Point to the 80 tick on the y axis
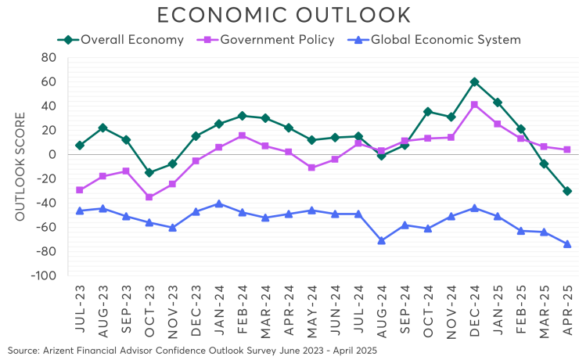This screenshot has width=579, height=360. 48,58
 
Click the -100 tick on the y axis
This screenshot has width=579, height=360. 43,276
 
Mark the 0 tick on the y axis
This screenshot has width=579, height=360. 52,155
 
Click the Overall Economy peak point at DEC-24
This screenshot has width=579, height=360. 475,81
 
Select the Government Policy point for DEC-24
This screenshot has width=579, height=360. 475,105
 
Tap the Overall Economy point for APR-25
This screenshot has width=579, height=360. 567,191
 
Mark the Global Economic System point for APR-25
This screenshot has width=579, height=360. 567,244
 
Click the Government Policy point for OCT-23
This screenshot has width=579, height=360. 149,197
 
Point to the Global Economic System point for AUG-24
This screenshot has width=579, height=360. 382,240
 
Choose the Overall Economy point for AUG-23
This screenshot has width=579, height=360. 102,128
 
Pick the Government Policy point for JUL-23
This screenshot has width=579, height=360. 80,189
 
